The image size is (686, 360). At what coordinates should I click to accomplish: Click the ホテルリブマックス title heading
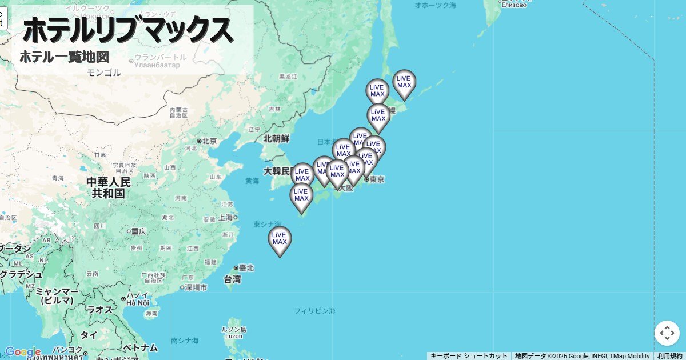pos(127,30)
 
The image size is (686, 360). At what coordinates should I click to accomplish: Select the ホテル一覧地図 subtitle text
pos(64,57)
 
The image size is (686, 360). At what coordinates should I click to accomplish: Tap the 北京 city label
pos(209,141)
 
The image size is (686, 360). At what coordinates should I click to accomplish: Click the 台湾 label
pos(232,279)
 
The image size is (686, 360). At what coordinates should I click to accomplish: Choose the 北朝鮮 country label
pos(276,139)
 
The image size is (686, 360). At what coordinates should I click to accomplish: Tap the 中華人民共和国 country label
pos(109,187)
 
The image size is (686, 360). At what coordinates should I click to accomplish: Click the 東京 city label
pos(376,179)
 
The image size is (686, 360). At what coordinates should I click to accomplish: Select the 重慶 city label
pos(138,231)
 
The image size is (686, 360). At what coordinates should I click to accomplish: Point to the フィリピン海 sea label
pos(315,311)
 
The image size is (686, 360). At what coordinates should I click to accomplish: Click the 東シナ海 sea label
pos(267,224)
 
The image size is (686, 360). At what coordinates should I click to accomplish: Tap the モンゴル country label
pos(104,73)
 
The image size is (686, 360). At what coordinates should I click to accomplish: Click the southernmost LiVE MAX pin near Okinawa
pos(280,239)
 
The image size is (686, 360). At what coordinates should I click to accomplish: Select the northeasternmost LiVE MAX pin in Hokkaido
pos(404,82)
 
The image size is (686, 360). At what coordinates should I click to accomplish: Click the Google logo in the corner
pos(23,352)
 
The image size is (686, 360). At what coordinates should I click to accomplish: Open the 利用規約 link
pos(669,356)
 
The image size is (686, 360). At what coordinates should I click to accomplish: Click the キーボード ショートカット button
pos(469,356)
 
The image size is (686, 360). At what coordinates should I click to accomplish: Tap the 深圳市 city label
pos(196,287)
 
